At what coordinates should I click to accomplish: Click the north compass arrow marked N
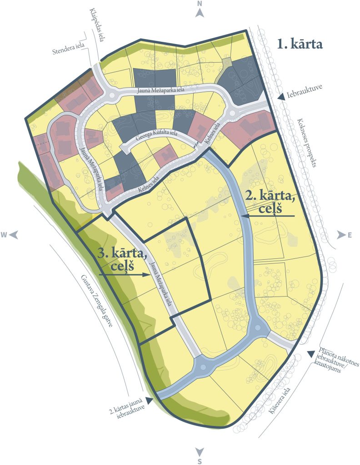tap(200, 12)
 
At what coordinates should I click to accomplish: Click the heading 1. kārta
tap(300, 45)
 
